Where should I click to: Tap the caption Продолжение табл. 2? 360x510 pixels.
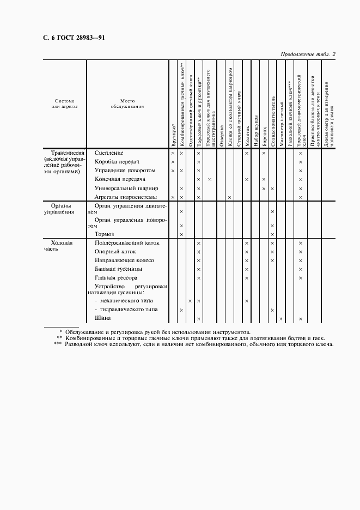click(308, 54)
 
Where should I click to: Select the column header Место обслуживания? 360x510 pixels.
click(127, 104)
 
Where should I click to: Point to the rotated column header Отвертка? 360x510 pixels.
click(222, 136)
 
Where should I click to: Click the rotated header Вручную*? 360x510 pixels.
click(173, 137)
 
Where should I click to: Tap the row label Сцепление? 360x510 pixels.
click(109, 153)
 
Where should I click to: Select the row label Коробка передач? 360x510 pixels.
click(117, 162)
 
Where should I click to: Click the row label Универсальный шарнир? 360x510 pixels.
click(126, 188)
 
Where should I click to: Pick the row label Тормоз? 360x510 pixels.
click(104, 234)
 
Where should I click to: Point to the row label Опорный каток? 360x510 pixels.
click(115, 252)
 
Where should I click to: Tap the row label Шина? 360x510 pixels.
click(102, 318)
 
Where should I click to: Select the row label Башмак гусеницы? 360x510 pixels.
click(118, 269)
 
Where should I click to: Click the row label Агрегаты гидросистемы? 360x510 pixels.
click(125, 197)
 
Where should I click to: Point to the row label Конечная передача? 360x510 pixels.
click(120, 179)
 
